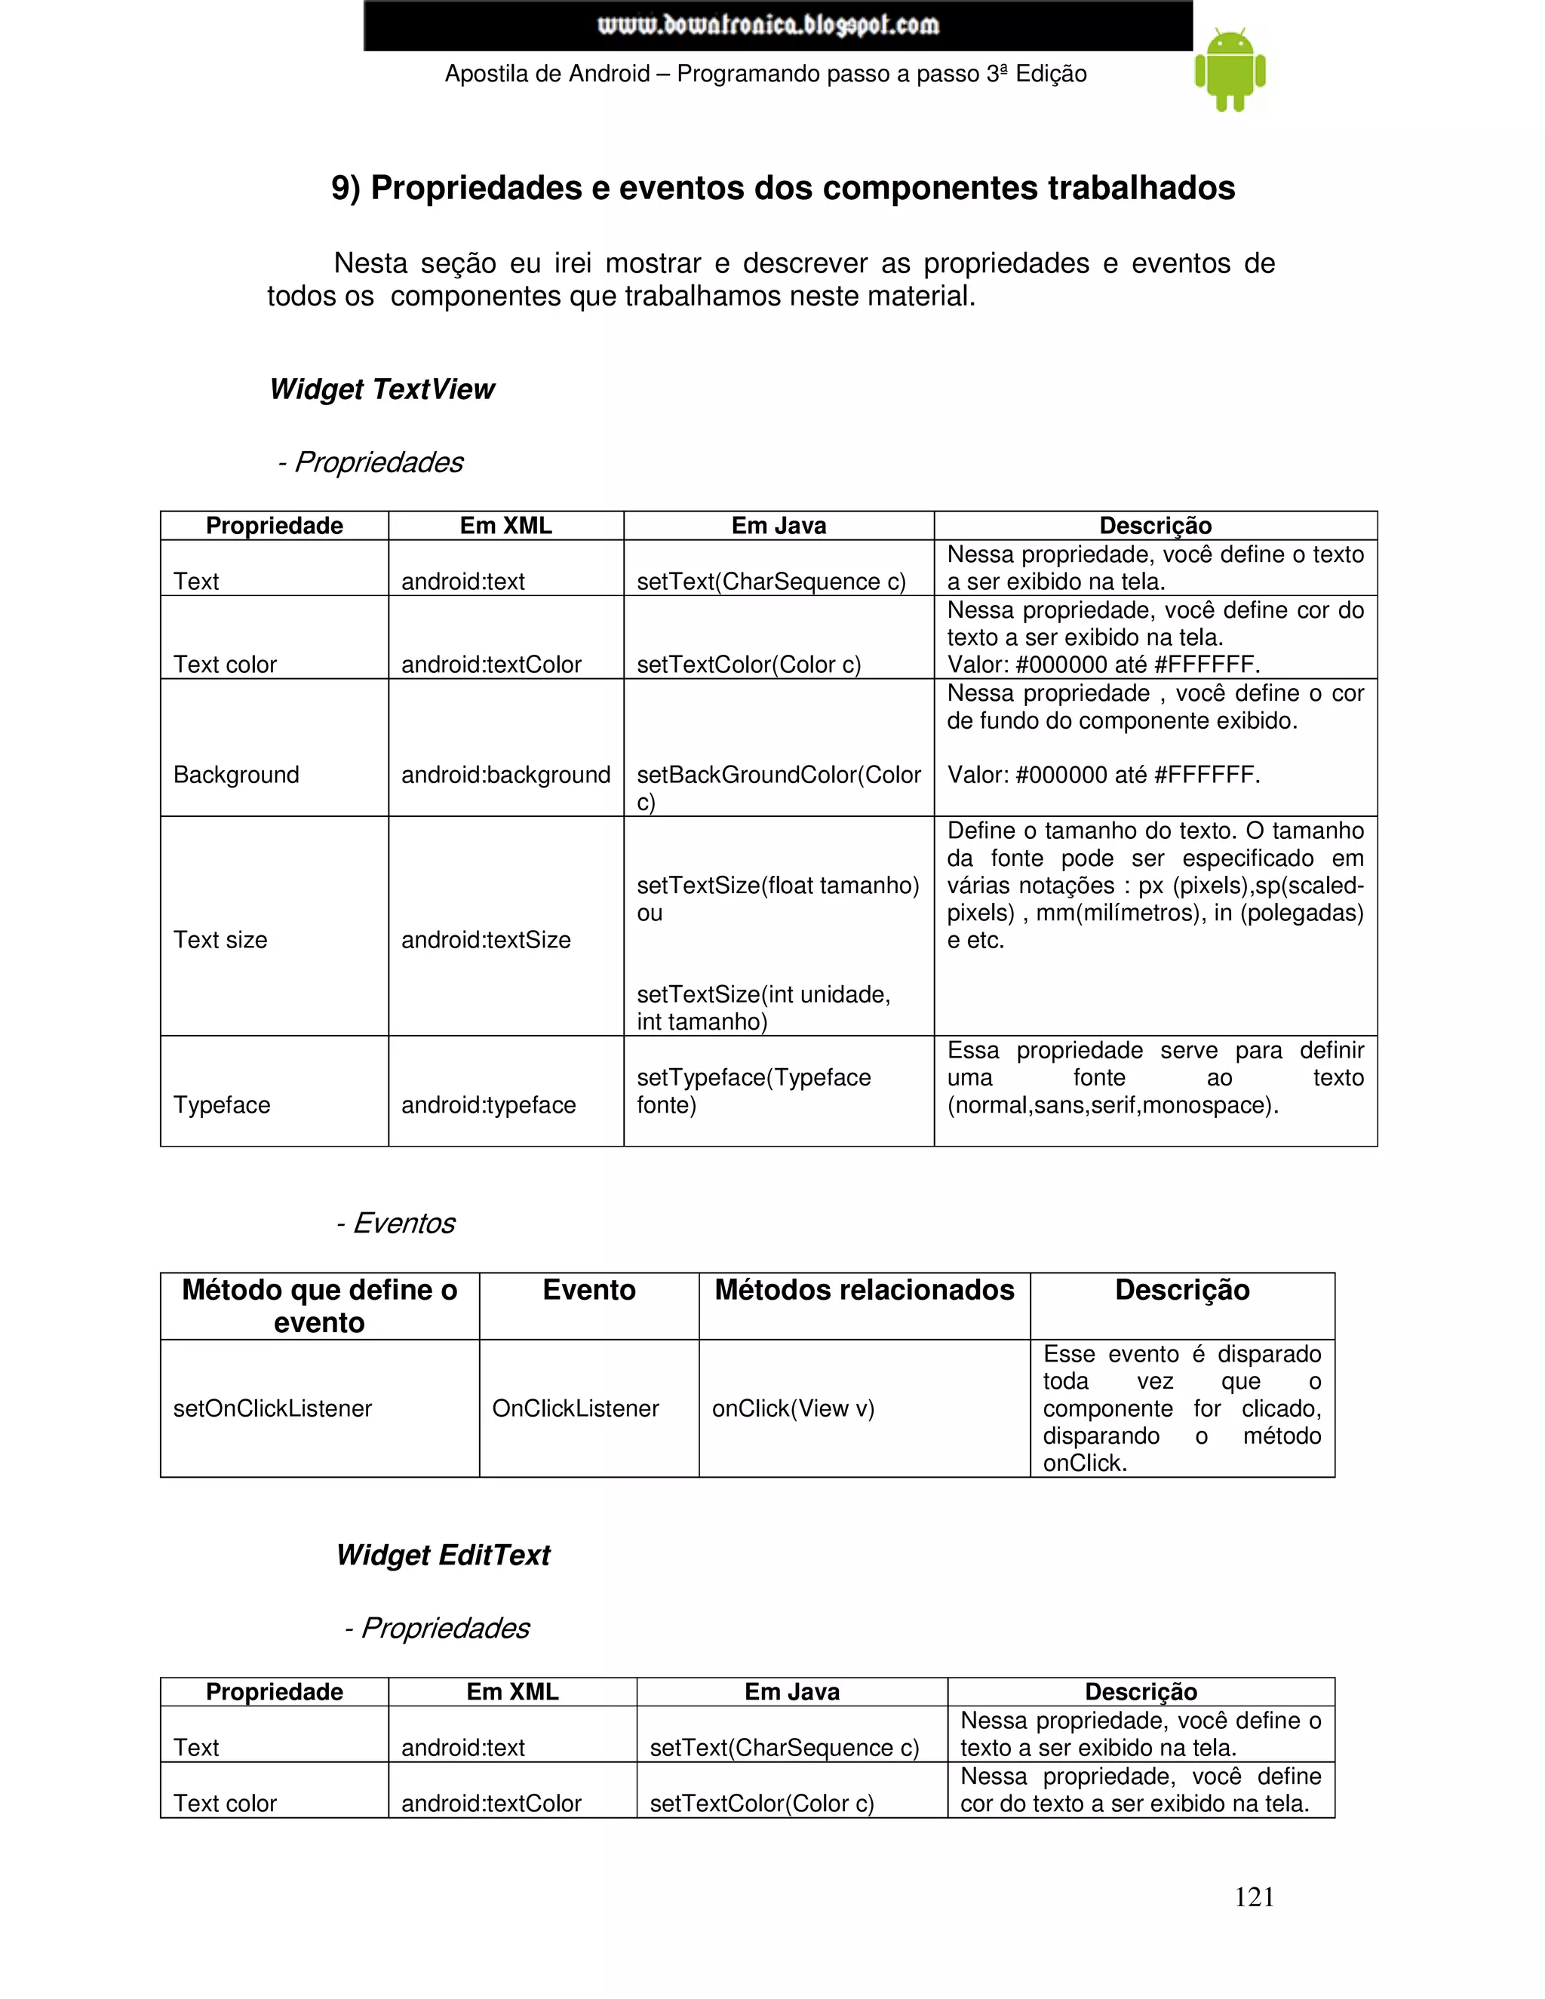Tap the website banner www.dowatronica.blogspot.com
(x=768, y=25)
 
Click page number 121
(x=1253, y=1896)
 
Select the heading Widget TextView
(x=382, y=389)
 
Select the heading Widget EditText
(x=443, y=1555)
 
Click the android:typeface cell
(x=488, y=1105)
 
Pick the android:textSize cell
(x=485, y=940)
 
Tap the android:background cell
(x=505, y=775)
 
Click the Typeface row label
(x=222, y=1105)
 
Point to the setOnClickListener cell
(x=273, y=1408)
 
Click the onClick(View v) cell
(x=793, y=1408)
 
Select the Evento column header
(x=588, y=1291)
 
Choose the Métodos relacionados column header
(x=864, y=1291)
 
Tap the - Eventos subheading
(x=395, y=1223)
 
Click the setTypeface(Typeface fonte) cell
(x=754, y=1091)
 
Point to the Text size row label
(x=220, y=940)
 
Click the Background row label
(x=236, y=775)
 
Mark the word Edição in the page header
(x=1051, y=74)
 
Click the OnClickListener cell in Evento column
(x=575, y=1408)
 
